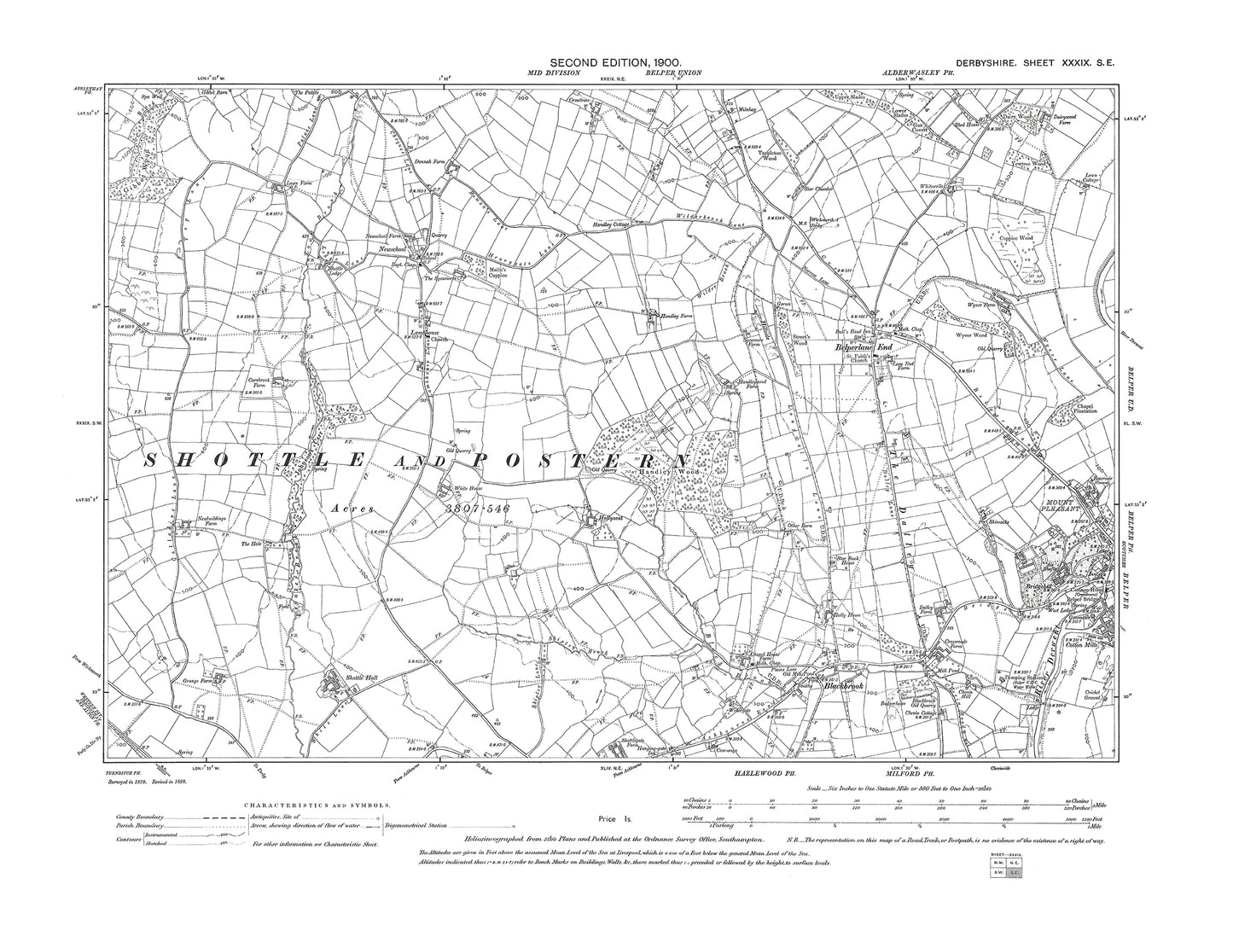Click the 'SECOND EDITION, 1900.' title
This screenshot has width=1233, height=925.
(x=616, y=61)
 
